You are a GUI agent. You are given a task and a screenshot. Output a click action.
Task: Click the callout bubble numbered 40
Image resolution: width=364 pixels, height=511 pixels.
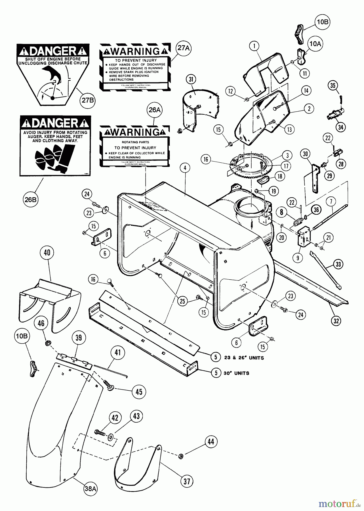[x=47, y=253]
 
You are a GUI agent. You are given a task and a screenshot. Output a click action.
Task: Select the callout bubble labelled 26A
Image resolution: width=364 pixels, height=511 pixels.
[x=155, y=110]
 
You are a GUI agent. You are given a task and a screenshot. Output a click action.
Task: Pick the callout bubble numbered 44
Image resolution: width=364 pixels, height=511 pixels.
[x=211, y=441]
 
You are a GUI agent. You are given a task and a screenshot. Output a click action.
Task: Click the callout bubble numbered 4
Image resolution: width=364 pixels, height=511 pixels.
[x=185, y=168]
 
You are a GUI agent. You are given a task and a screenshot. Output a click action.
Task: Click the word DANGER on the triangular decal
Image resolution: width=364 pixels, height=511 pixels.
[x=53, y=51]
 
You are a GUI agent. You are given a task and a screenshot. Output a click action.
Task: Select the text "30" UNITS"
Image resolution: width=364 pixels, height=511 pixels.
[x=236, y=373]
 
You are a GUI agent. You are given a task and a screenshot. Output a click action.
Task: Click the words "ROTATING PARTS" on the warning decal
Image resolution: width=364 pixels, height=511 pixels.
[x=135, y=142]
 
